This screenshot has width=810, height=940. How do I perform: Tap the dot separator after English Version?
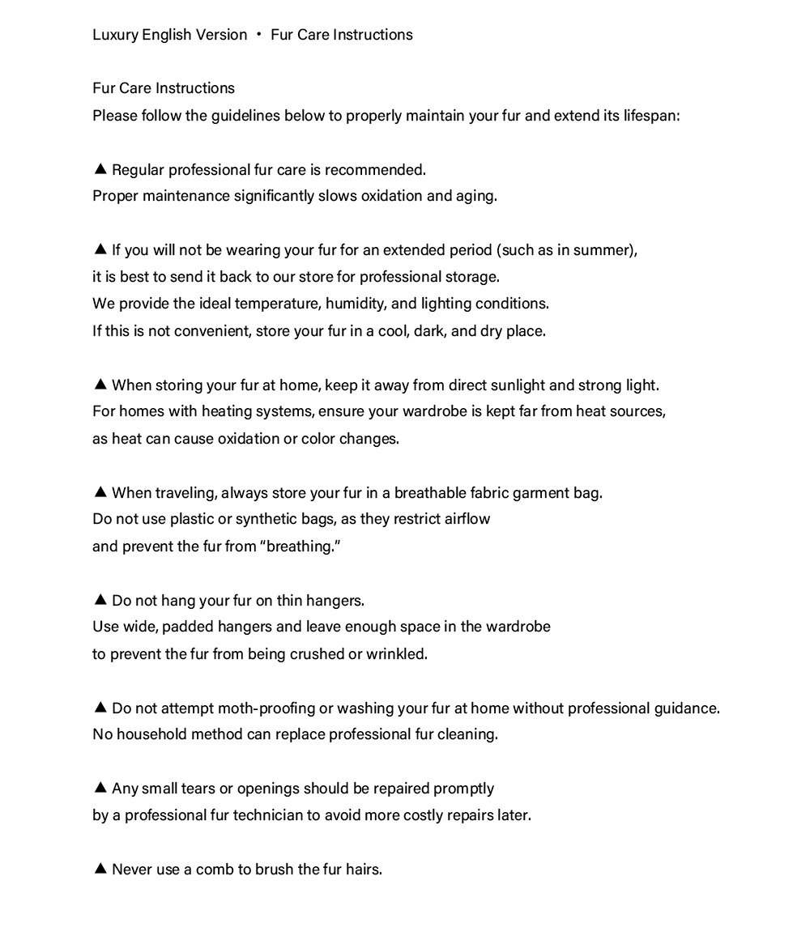pyautogui.click(x=259, y=35)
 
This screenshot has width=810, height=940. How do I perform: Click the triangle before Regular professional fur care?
pyautogui.click(x=100, y=169)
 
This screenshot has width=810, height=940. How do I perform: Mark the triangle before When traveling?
pyautogui.click(x=100, y=492)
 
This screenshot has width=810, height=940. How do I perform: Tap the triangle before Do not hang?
pyautogui.click(x=100, y=600)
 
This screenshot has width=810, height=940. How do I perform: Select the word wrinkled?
pyautogui.click(x=396, y=654)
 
